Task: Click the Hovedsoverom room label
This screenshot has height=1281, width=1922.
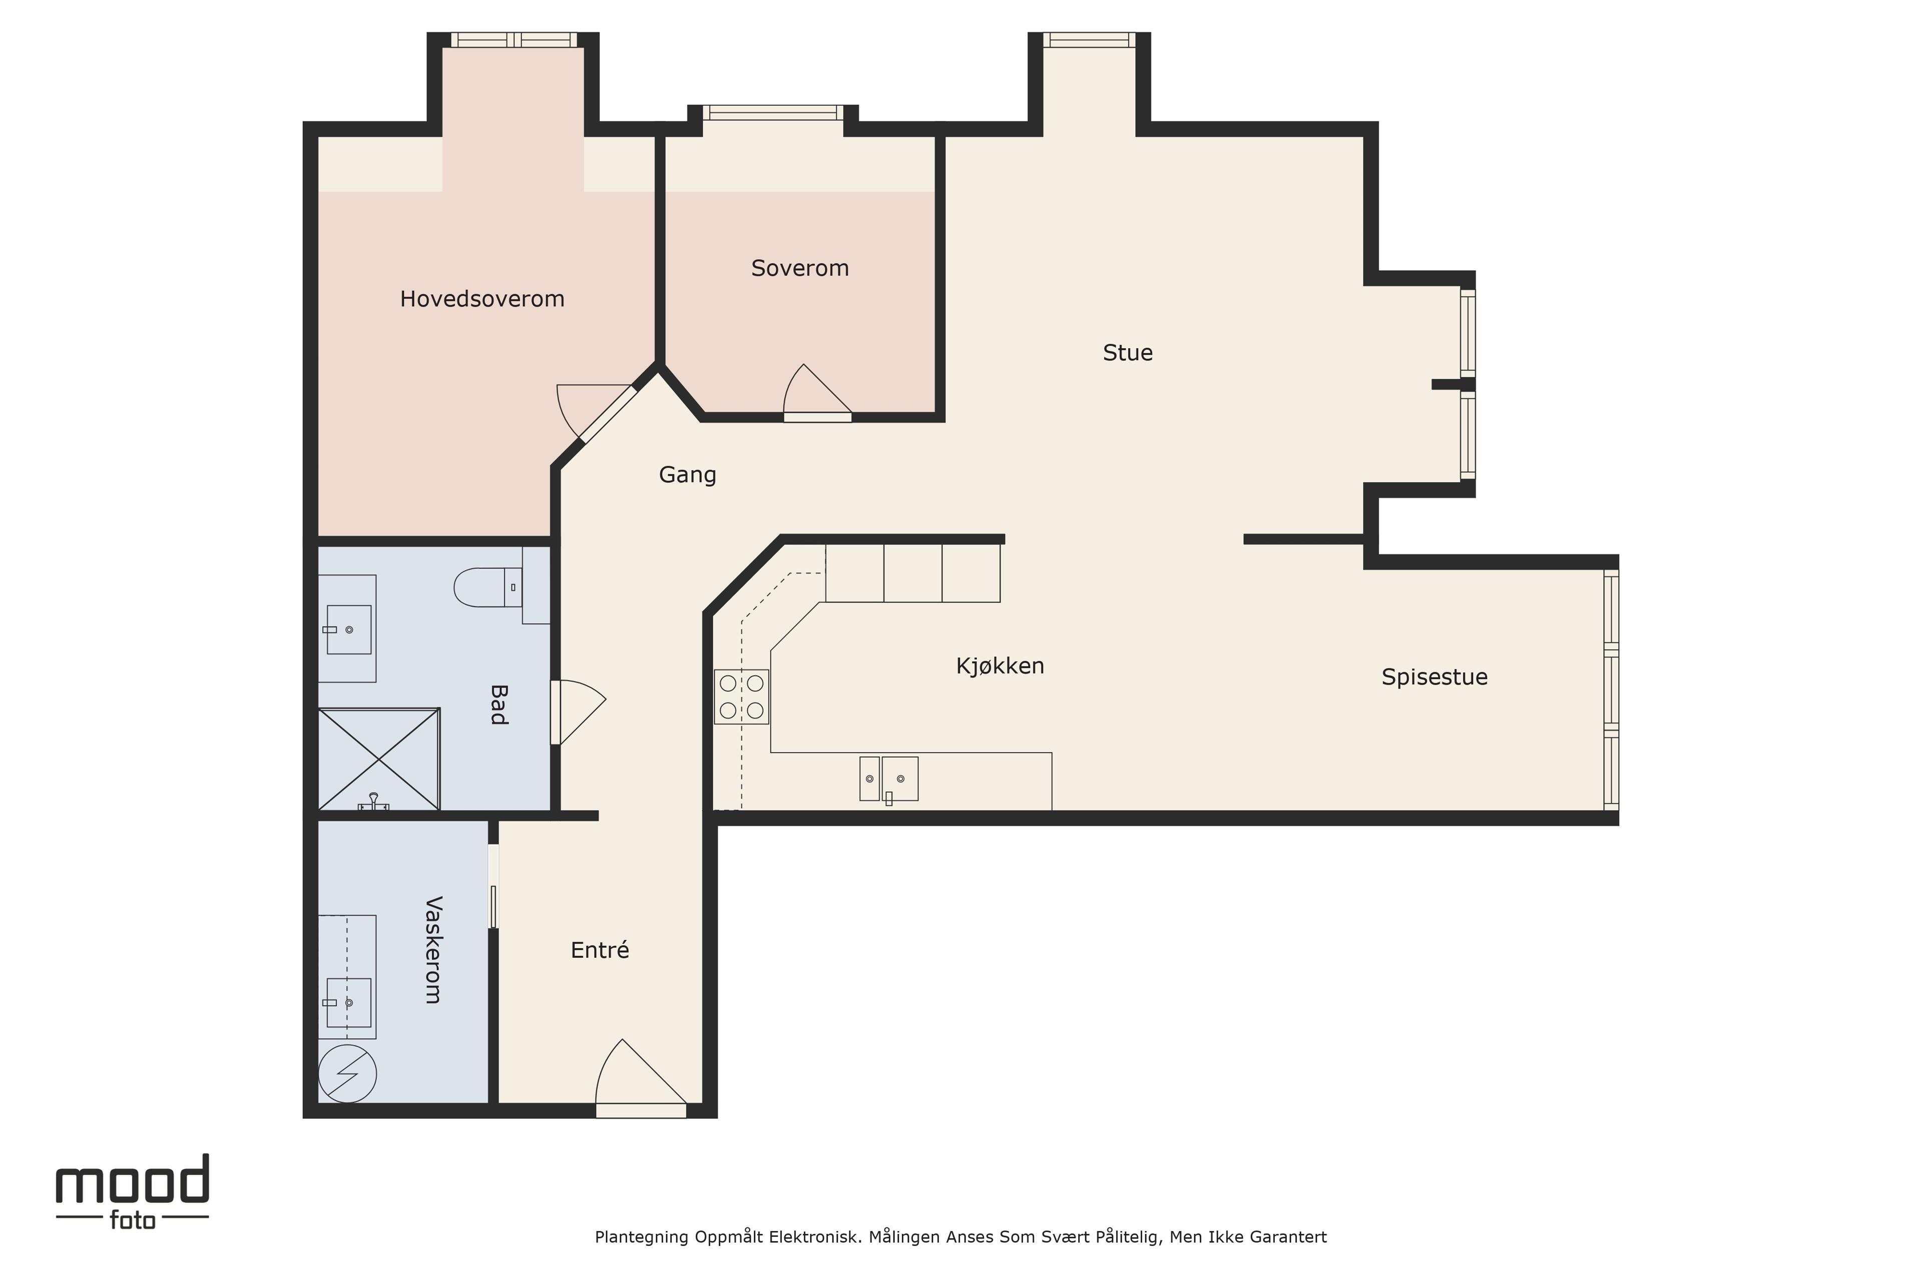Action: pyautogui.click(x=482, y=299)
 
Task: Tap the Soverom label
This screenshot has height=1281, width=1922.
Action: pyautogui.click(x=800, y=268)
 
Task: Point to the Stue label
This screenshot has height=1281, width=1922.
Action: pyautogui.click(x=1128, y=353)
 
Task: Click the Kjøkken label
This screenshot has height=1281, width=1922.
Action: pyautogui.click(x=1000, y=666)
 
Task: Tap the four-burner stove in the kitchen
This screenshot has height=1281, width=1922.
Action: pyautogui.click(x=741, y=697)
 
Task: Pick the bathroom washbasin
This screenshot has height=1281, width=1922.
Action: pyautogui.click(x=349, y=629)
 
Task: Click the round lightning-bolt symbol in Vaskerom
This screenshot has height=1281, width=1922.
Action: pyautogui.click(x=347, y=1073)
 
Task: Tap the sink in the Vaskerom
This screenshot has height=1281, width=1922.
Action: pyautogui.click(x=349, y=1002)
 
